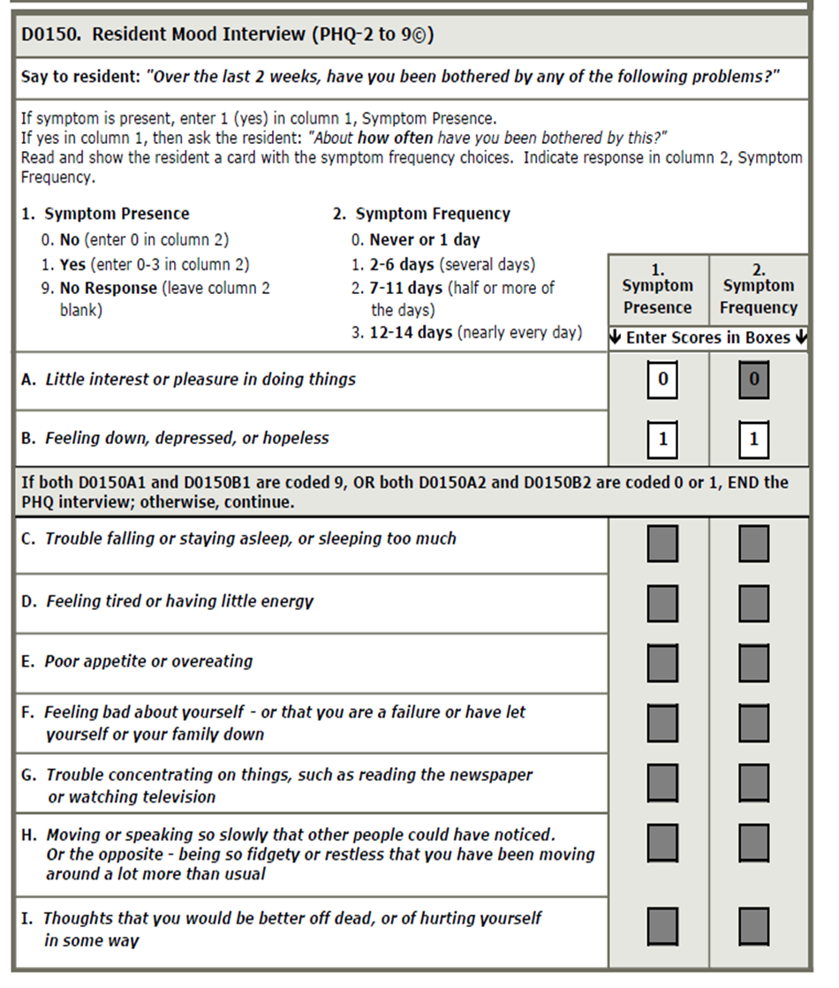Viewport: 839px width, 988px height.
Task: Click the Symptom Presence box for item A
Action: pyautogui.click(x=662, y=381)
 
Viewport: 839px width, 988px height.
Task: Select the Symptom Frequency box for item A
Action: pyautogui.click(x=753, y=381)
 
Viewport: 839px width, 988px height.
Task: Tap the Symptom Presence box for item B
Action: pyautogui.click(x=662, y=439)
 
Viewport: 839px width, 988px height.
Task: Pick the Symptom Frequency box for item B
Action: pyautogui.click(x=753, y=439)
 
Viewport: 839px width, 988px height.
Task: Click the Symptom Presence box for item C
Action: pyautogui.click(x=662, y=544)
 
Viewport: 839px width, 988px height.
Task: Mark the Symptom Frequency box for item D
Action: pyautogui.click(x=753, y=604)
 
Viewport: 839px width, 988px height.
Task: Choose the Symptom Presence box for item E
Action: pyautogui.click(x=662, y=663)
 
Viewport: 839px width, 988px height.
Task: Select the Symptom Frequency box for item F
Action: pyautogui.click(x=753, y=723)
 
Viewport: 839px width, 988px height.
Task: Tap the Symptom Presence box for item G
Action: pyautogui.click(x=662, y=783)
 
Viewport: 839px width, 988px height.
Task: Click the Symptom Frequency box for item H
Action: pyautogui.click(x=753, y=842)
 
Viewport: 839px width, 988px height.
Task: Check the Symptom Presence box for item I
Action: pyautogui.click(x=662, y=926)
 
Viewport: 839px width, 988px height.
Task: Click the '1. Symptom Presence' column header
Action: pyautogui.click(x=657, y=289)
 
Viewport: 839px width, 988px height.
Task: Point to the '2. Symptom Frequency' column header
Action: pyautogui.click(x=758, y=289)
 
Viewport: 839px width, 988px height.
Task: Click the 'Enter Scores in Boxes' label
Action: pyautogui.click(x=708, y=338)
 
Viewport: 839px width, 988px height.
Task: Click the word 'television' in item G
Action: pyautogui.click(x=174, y=797)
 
